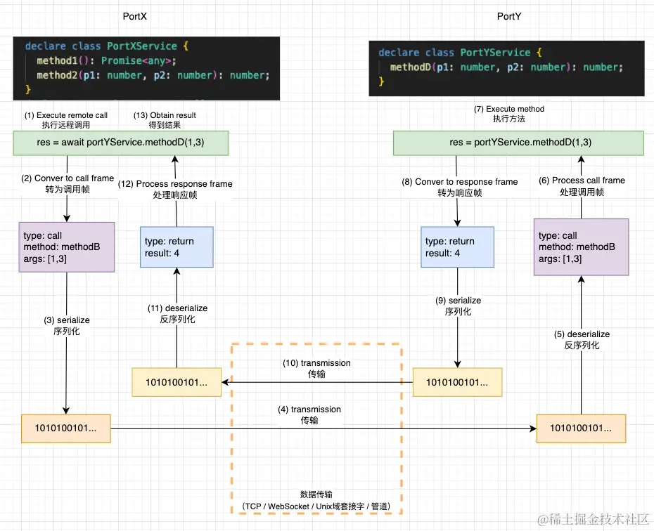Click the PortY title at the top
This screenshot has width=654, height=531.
[508, 15]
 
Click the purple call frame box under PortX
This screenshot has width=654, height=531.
[67, 247]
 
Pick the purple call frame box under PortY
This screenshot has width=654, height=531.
[581, 247]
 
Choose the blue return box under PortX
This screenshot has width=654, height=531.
[177, 247]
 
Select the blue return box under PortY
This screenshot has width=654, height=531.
[458, 247]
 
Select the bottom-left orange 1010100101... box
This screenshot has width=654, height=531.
[66, 428]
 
